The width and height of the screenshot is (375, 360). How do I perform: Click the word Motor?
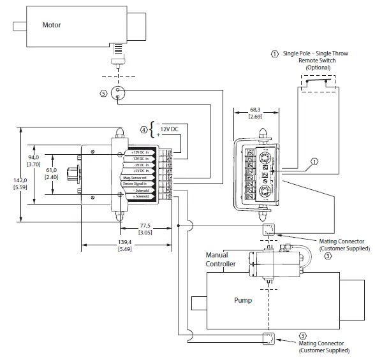[52, 26]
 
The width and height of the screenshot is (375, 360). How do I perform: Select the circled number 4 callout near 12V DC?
[144, 130]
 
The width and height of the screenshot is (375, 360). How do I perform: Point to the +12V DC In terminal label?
[140, 153]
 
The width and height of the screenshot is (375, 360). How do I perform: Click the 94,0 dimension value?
[33, 157]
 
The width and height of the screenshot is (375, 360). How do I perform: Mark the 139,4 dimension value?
[125, 243]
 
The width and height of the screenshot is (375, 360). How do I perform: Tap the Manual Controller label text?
[220, 259]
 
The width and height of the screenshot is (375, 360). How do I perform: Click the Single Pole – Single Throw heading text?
[318, 54]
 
